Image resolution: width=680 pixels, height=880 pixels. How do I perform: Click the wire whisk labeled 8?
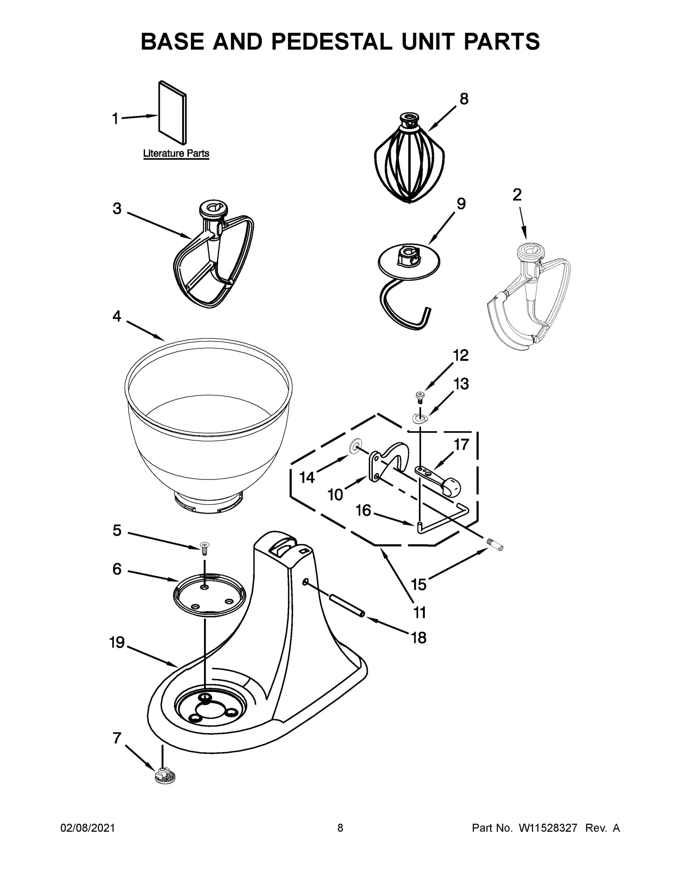tap(409, 161)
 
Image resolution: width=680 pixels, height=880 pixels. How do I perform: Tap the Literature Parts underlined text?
tap(176, 154)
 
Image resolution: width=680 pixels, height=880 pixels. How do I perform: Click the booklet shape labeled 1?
tap(173, 112)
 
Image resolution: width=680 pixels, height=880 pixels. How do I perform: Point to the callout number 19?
tap(117, 642)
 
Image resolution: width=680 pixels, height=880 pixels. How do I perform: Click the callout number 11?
tap(419, 612)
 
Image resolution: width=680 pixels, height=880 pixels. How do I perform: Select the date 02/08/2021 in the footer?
tap(88, 828)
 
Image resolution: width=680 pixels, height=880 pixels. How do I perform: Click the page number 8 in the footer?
tap(340, 828)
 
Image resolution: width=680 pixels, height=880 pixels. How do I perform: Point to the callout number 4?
tap(117, 316)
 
